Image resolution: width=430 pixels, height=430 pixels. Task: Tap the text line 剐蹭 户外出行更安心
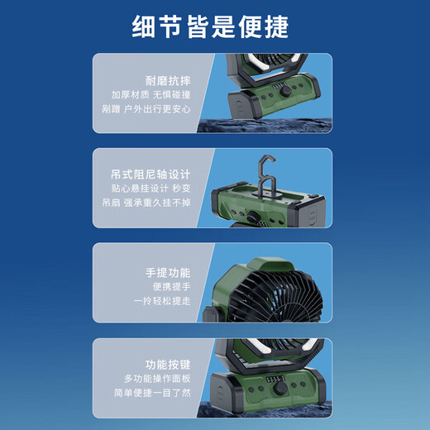pyautogui.click(x=146, y=107)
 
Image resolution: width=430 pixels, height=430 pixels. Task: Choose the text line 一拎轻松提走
pyautogui.click(x=162, y=300)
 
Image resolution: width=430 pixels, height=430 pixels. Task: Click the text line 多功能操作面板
pyautogui.click(x=157, y=378)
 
